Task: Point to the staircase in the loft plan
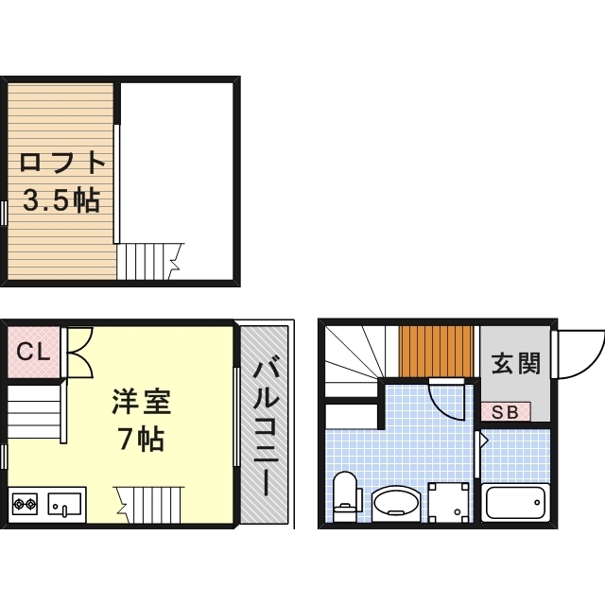147,260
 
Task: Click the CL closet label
33,354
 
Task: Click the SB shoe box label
504,410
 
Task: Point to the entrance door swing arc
579,354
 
